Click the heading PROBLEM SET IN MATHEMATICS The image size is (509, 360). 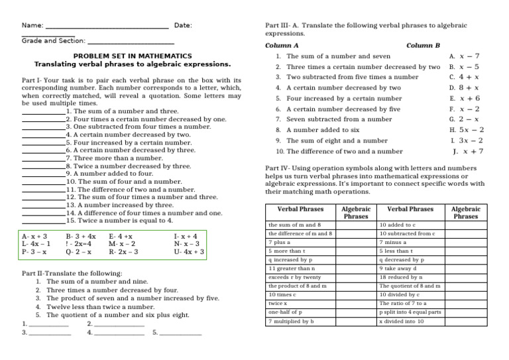133,56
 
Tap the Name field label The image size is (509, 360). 32,25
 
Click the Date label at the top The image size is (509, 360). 183,25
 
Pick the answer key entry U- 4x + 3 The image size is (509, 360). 189,253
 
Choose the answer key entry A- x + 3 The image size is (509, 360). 34,236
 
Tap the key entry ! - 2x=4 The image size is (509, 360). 81,244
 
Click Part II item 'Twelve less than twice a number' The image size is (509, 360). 100,307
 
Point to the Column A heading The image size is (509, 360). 282,46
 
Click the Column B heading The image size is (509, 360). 423,46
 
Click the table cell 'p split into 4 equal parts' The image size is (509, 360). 410,312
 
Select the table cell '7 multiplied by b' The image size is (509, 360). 291,321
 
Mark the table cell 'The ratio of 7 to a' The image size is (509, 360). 398,303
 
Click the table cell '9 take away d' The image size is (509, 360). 398,269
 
